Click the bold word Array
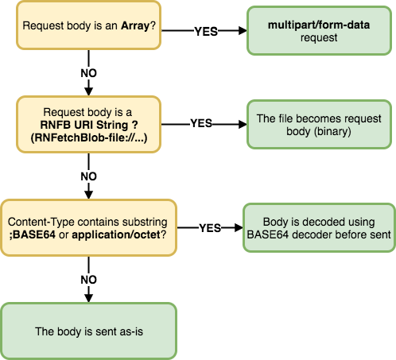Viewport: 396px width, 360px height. [x=135, y=26]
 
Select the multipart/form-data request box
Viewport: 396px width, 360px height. [x=319, y=31]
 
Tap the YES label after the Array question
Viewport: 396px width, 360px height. [x=206, y=32]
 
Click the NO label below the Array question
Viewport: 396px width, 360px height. [x=88, y=73]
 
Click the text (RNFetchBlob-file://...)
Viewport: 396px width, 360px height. [x=89, y=137]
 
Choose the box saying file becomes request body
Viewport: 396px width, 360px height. [x=319, y=125]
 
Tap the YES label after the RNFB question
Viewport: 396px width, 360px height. [x=201, y=123]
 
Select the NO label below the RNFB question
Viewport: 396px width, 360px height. [x=88, y=176]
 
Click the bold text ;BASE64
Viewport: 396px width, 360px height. [x=33, y=234]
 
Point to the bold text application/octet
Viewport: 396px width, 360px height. [x=116, y=234]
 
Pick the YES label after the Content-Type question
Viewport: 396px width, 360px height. [x=210, y=228]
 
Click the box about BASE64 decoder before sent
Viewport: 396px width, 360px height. [x=319, y=228]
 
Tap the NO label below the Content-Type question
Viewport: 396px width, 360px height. [x=88, y=280]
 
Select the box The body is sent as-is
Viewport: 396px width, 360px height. [x=89, y=331]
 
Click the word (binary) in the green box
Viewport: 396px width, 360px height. [x=332, y=131]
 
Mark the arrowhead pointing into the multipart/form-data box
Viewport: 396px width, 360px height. [x=243, y=30]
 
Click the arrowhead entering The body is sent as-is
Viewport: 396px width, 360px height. [x=88, y=298]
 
